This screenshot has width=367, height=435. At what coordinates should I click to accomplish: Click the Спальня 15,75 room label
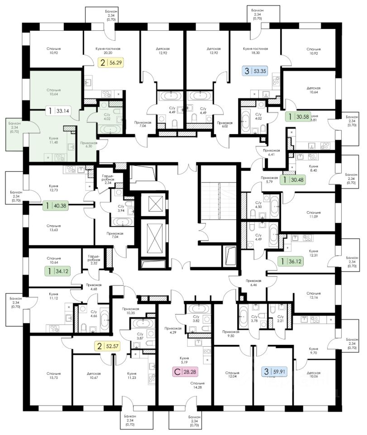(x=53, y=376)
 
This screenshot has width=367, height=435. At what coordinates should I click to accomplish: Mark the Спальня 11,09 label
(x=313, y=214)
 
